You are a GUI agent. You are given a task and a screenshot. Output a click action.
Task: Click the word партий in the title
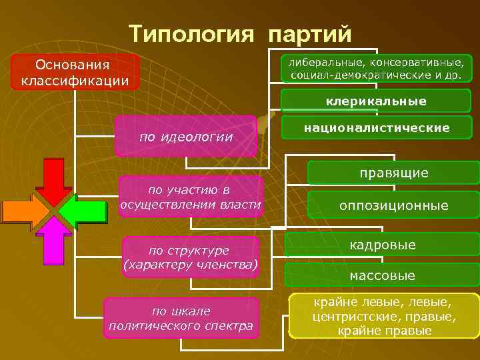click(309, 33)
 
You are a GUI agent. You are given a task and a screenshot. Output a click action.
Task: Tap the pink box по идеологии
click(186, 137)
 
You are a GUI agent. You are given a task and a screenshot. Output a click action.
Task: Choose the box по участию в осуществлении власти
click(190, 197)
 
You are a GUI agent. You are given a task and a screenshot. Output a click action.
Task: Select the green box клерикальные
click(376, 101)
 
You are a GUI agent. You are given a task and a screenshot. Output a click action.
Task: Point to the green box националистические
click(377, 127)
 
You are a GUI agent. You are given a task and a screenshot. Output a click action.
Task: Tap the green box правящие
click(393, 173)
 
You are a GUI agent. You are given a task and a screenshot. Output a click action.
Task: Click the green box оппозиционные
click(393, 205)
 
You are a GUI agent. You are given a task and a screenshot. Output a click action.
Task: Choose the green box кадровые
click(383, 245)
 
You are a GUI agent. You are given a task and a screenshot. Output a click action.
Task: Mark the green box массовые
click(383, 275)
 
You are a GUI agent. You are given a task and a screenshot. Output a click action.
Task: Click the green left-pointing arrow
click(85, 211)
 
